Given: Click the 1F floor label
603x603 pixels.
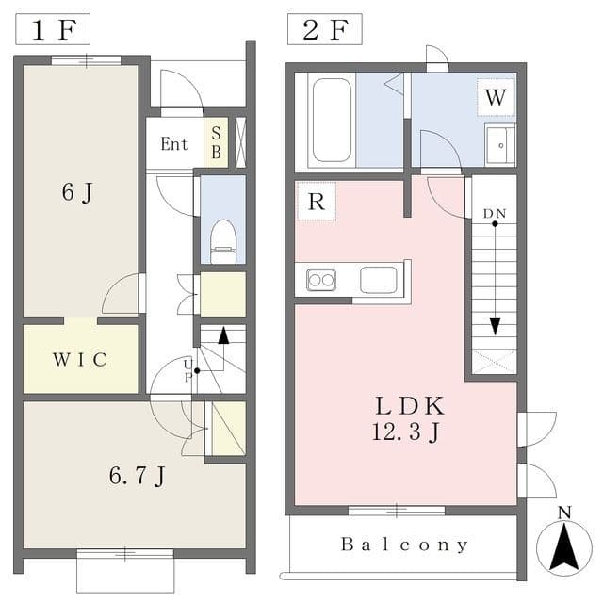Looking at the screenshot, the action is (53, 29).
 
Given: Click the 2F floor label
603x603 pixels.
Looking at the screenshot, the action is (325, 29).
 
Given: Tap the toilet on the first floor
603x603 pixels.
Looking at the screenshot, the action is (223, 241).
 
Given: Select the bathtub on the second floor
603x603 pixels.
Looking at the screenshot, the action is (332, 121).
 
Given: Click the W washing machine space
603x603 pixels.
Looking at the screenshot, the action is (496, 97).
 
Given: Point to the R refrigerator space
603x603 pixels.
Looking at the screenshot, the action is (317, 201).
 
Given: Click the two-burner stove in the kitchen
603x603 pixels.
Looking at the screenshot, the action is (321, 280).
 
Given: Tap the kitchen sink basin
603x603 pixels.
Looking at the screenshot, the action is (379, 280).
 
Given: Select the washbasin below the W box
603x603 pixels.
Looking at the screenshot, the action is (500, 145).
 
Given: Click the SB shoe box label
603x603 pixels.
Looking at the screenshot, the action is (216, 142).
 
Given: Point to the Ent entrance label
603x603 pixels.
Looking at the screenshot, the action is (174, 144).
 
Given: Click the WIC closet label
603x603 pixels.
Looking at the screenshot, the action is (80, 360).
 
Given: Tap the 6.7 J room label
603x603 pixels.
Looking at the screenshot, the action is (137, 476).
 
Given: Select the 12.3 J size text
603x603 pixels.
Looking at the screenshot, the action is (405, 432).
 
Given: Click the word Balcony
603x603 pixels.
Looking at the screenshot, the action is (404, 545).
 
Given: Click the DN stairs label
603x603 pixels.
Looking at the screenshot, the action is (495, 214).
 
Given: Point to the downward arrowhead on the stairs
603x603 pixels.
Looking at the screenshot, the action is (495, 326).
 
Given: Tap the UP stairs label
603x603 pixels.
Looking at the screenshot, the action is (187, 370).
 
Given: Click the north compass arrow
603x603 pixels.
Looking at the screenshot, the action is (564, 546).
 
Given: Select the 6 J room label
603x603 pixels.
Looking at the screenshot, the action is (77, 191).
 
